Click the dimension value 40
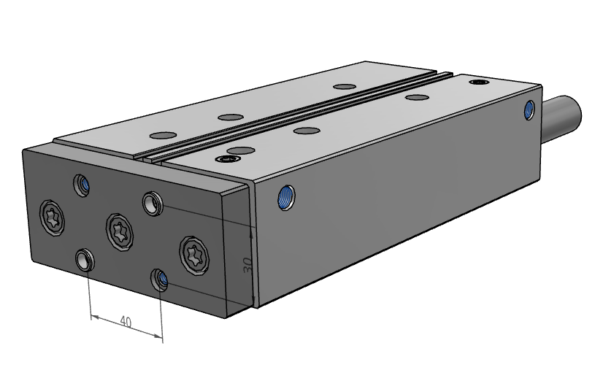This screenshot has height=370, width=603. [x=126, y=321]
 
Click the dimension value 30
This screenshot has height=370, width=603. [x=247, y=266]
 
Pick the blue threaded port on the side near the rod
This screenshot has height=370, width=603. [x=530, y=110]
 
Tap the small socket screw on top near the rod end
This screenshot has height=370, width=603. [x=479, y=82]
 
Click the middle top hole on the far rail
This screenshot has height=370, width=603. [x=229, y=117]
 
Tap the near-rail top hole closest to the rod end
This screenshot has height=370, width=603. [x=415, y=97]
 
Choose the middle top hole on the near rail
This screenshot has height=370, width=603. [x=305, y=131]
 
